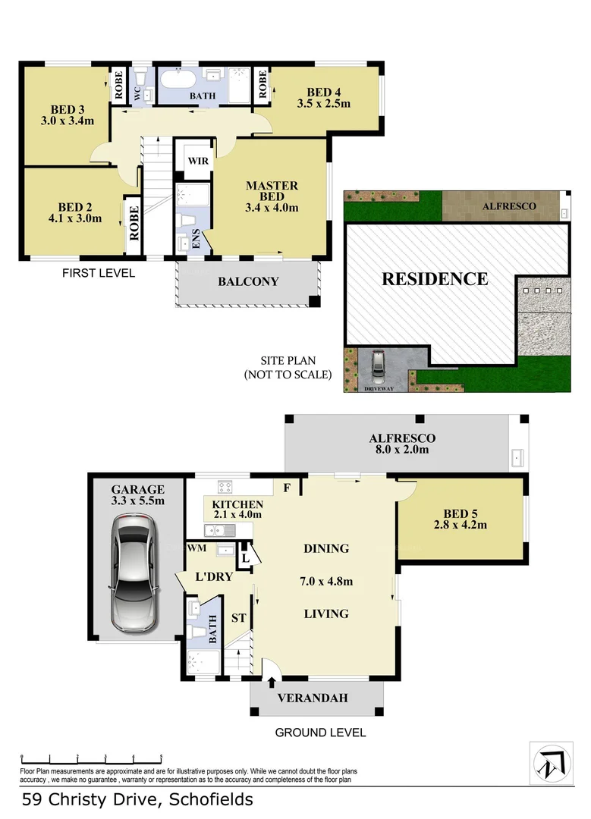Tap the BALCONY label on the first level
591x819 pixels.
click(x=248, y=281)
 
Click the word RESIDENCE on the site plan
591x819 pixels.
click(x=435, y=278)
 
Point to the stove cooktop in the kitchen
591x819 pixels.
click(x=225, y=486)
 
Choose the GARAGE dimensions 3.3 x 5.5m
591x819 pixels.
click(x=138, y=501)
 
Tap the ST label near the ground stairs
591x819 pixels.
click(x=237, y=618)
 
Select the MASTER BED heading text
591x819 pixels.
click(x=272, y=191)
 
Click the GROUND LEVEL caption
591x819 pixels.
click(x=320, y=733)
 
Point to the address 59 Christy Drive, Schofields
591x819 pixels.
click(x=137, y=799)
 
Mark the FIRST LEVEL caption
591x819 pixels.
click(x=99, y=273)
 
